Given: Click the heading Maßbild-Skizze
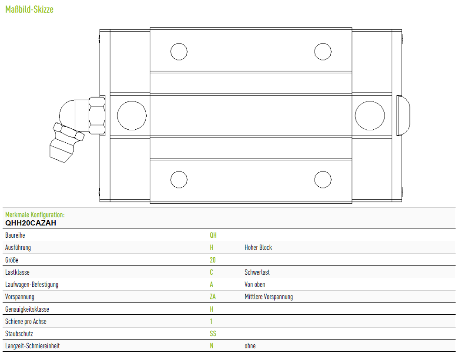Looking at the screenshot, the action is click(29, 10).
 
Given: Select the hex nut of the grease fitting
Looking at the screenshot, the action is click(97, 115).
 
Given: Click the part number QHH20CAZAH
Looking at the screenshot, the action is click(31, 223).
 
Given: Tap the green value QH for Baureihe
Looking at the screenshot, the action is click(213, 235).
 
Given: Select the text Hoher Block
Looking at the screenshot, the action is click(258, 248).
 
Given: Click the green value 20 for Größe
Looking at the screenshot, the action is click(213, 260).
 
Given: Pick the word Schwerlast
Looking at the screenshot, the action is click(257, 273).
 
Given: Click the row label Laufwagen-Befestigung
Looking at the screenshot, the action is click(32, 285).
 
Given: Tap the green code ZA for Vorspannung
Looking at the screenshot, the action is click(213, 296).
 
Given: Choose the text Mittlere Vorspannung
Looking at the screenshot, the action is click(269, 297).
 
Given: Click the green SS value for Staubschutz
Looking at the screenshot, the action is click(213, 333).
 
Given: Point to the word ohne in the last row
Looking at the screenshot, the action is click(250, 346).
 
